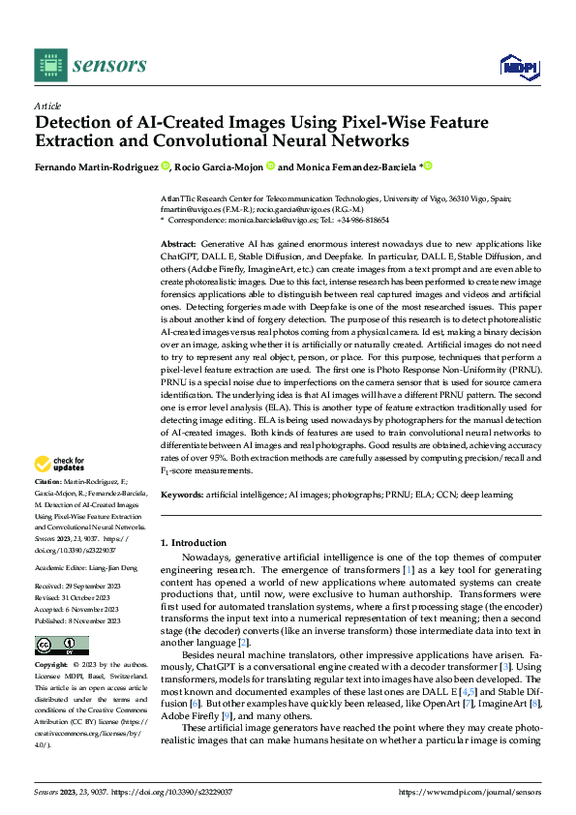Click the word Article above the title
pos(47,106)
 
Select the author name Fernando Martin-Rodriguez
pos(97,166)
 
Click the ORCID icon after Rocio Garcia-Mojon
pos(271,166)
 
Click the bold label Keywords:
pos(182,494)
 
